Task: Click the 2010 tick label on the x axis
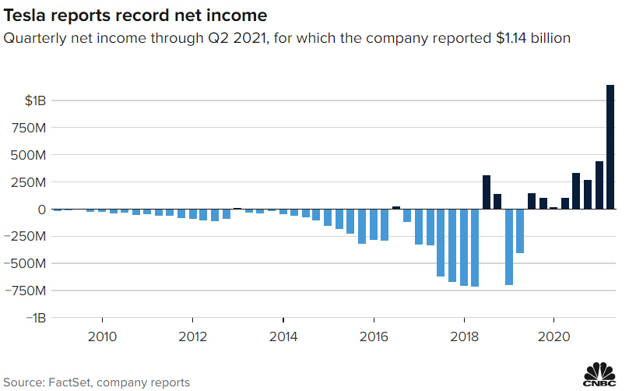click(x=103, y=336)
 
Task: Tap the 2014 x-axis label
click(x=283, y=336)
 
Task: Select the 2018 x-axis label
click(x=464, y=336)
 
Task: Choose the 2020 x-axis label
click(x=553, y=336)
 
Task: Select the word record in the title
click(x=136, y=15)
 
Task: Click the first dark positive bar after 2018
click(x=487, y=192)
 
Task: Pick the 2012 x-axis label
click(x=192, y=336)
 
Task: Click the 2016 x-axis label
click(x=374, y=336)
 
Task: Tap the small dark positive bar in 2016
click(x=396, y=208)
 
